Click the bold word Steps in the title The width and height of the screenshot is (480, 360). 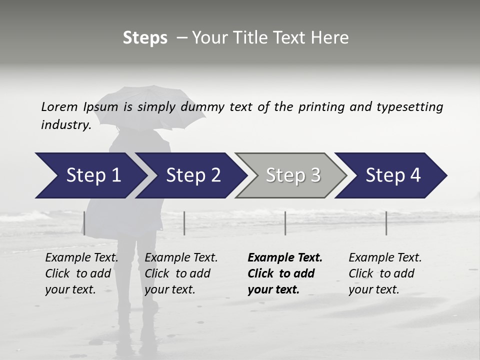145,38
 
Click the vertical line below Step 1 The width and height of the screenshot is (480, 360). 84,223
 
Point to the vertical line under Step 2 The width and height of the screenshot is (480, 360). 184,223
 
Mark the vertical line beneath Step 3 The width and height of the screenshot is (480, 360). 285,223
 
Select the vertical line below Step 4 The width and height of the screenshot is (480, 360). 386,223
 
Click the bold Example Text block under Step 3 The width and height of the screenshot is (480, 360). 285,273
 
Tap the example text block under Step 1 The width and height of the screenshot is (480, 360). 81,273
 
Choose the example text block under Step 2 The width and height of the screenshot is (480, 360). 181,273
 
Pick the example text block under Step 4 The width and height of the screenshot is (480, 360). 385,273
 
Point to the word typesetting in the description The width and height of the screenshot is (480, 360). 409,107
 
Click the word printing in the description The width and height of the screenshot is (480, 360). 320,107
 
